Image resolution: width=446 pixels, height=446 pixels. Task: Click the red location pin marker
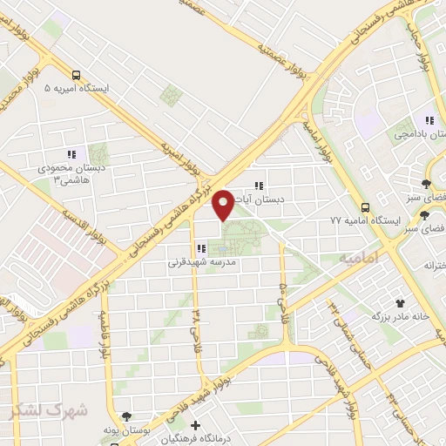(x=224, y=204)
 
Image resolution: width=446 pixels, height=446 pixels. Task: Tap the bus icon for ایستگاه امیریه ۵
(x=78, y=75)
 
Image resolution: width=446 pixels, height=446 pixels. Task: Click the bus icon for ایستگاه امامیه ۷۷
(x=365, y=207)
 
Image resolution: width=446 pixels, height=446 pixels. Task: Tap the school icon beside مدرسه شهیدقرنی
(x=201, y=248)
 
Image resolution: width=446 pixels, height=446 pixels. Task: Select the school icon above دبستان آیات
(x=258, y=185)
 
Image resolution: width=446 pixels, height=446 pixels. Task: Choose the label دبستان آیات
(x=269, y=199)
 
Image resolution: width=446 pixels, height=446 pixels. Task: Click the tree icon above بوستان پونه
(x=127, y=416)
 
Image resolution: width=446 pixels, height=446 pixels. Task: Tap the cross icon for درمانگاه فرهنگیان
(x=195, y=426)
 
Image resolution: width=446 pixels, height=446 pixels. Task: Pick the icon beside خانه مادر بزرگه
(x=400, y=302)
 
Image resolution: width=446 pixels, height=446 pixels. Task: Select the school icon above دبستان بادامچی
(x=429, y=121)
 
